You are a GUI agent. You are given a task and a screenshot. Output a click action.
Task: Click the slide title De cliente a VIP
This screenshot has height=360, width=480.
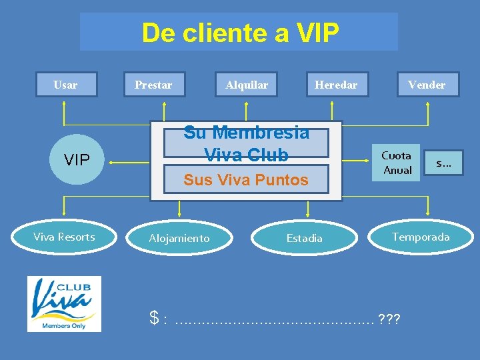coord(239,32)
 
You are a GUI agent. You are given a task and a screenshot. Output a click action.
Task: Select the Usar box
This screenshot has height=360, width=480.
coord(65,85)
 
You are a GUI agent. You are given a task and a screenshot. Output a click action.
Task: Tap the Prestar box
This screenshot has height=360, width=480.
coord(153,85)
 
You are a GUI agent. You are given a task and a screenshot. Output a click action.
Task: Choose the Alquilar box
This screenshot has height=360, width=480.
coord(247,85)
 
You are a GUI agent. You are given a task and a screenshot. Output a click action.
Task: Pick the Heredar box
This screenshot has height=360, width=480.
coord(336,85)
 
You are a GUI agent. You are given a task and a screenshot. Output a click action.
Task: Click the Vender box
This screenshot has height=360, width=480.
coord(427,85)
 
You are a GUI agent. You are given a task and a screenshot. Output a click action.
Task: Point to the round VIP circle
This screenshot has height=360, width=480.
coord(76,160)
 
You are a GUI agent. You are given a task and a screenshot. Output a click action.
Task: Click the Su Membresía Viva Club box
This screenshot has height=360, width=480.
coord(246,143)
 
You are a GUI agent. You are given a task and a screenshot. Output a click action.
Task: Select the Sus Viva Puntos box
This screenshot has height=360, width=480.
coord(246,179)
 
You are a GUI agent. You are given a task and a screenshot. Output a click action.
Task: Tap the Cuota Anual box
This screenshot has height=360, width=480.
coord(396,163)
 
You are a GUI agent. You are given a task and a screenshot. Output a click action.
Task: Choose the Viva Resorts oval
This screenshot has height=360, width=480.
coord(65,237)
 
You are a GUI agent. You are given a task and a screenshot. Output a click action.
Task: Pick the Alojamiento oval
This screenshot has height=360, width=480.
coord(179,238)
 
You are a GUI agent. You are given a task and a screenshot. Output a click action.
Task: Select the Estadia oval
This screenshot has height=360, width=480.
coord(304,238)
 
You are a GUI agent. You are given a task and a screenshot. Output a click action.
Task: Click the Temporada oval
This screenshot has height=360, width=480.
coord(421,237)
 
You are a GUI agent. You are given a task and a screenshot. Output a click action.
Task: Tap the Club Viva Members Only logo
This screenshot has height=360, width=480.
coord(64,303)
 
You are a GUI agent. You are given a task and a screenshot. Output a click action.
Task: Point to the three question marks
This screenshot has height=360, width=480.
coord(389,319)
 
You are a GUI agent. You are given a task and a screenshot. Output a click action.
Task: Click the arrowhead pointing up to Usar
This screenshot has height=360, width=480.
coord(63,103)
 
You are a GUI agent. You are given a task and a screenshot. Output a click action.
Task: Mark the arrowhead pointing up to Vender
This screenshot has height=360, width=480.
coord(427,103)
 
